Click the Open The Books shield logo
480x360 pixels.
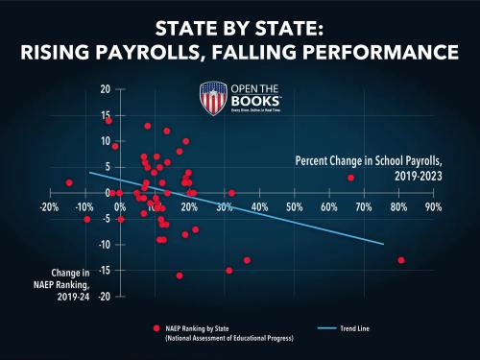pos(214,98)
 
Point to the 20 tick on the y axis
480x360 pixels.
pos(106,89)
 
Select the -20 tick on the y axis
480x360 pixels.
pos(104,296)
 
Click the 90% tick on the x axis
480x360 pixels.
pos(433,206)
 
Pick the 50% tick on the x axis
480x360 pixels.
pos(294,206)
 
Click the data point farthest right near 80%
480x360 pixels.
pos(401,260)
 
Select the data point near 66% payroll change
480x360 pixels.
pos(351,178)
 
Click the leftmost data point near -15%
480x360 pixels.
pos(69,182)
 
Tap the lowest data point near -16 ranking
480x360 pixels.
pos(180,276)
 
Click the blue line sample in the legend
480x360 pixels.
pos(326,328)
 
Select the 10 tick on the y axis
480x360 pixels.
pos(106,141)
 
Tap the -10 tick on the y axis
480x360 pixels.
pos(104,244)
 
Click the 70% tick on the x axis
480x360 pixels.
pos(363,206)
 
